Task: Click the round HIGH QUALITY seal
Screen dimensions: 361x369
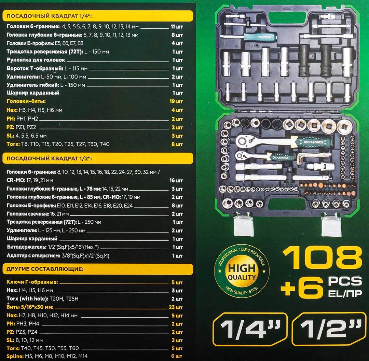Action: click(x=242, y=272)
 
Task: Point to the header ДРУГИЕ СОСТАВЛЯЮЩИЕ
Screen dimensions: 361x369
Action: click(x=45, y=269)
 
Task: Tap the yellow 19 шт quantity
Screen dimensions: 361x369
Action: click(x=176, y=101)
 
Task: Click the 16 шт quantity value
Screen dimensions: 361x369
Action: click(x=176, y=180)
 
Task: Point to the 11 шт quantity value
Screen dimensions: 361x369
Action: click(x=177, y=26)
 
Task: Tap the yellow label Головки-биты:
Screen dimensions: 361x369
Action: click(x=26, y=101)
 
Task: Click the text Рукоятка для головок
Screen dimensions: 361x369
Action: click(x=36, y=60)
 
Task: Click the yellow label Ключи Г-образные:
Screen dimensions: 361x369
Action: click(x=32, y=282)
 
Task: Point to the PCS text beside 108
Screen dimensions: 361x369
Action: click(x=345, y=281)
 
